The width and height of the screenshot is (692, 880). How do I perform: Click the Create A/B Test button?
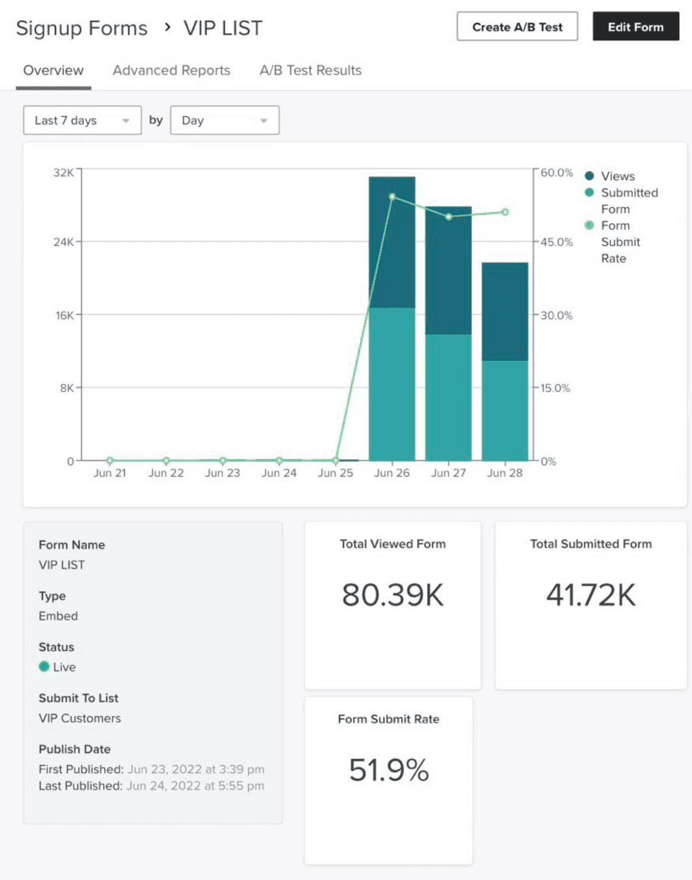(x=517, y=27)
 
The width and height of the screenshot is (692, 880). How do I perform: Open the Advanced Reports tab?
(x=171, y=71)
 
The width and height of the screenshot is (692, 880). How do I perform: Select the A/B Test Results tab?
(x=310, y=71)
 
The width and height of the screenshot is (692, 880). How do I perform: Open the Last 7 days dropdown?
(x=82, y=121)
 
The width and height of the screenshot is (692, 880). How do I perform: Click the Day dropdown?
(x=224, y=121)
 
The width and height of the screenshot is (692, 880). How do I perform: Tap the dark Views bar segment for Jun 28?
(x=505, y=311)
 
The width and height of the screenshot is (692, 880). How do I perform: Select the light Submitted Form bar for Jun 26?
(x=392, y=384)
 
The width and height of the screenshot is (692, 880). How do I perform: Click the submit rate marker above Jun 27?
(x=449, y=217)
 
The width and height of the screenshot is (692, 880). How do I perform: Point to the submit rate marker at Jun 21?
(x=110, y=460)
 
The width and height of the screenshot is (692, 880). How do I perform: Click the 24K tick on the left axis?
(x=63, y=242)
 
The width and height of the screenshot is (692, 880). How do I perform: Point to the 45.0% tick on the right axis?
(x=556, y=242)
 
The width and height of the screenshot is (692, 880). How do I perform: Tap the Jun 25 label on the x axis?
(x=336, y=473)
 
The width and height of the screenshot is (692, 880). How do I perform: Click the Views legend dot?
(x=589, y=176)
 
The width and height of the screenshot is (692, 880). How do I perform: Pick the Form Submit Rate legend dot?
(x=589, y=226)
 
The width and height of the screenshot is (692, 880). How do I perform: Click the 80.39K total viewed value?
(x=393, y=595)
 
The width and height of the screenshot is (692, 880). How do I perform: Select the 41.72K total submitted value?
(x=591, y=595)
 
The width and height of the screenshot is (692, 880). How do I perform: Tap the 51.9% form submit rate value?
(x=389, y=770)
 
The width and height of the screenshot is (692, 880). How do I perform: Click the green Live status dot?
(x=44, y=667)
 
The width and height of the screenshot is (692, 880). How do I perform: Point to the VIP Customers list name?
(x=80, y=719)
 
